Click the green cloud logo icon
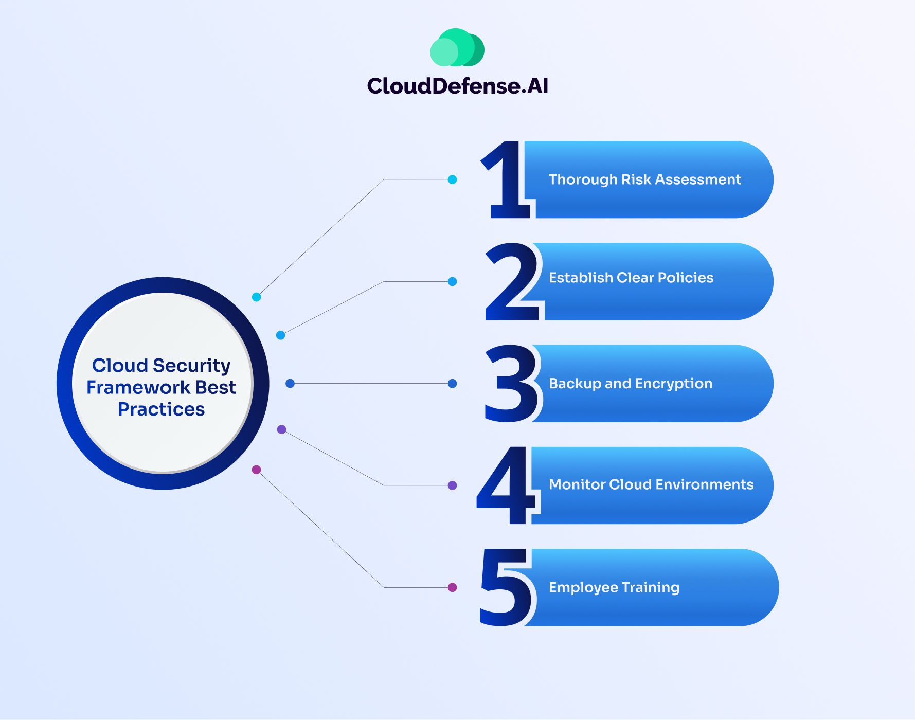point(457,48)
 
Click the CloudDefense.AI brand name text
point(457,86)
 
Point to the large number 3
point(512,384)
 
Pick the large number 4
point(507,485)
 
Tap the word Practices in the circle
point(161,409)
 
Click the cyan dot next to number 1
point(452,179)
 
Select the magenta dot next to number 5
point(452,587)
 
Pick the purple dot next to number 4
point(452,485)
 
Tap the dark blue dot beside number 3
point(452,384)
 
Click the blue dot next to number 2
point(452,282)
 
